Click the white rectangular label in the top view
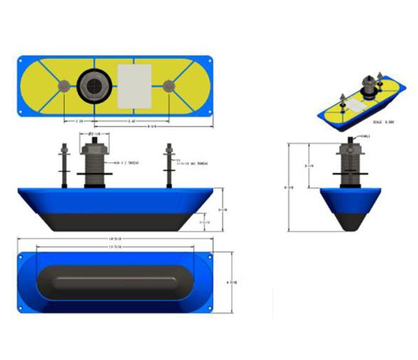(134, 86)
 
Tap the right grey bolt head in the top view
(168, 86)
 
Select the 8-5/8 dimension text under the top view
(152, 127)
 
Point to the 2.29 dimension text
(81, 121)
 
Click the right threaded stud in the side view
(169, 165)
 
